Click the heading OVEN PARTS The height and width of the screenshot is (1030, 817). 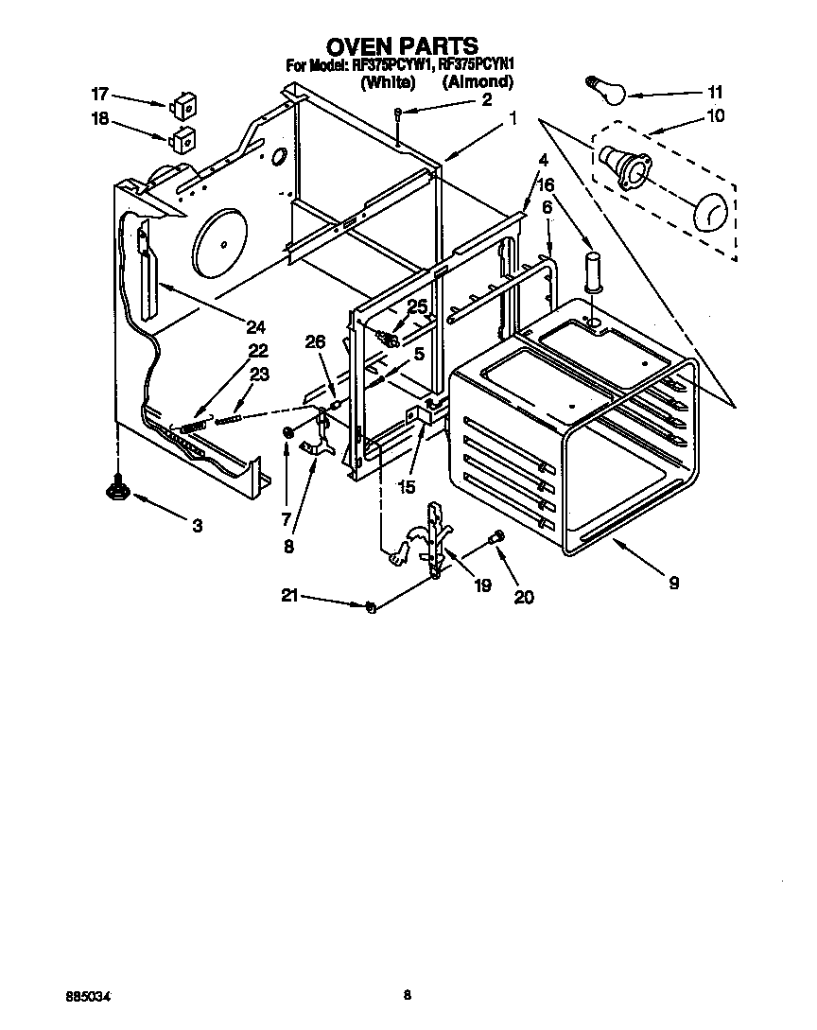click(x=402, y=45)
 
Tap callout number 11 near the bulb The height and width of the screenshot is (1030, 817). click(x=714, y=93)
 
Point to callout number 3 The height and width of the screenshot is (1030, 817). click(x=197, y=526)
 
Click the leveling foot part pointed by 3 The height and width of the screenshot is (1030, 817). click(x=117, y=489)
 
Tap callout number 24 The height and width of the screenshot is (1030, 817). click(x=254, y=327)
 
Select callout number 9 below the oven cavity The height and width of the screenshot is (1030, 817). click(x=673, y=584)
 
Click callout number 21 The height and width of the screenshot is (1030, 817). click(x=288, y=595)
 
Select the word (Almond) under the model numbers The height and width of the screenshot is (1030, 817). click(x=478, y=82)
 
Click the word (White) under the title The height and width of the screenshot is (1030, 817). click(x=388, y=82)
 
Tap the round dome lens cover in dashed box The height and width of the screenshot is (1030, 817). click(x=712, y=213)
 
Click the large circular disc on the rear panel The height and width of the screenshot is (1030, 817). click(x=219, y=242)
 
